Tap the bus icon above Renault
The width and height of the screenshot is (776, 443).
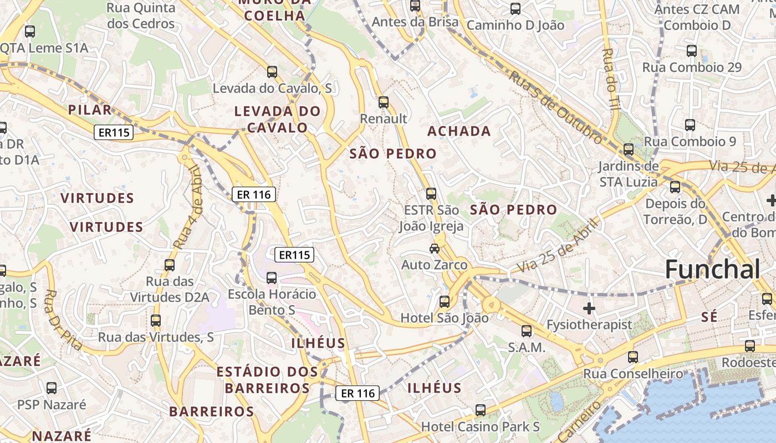tap(383, 102)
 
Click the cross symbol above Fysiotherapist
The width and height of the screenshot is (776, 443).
tap(589, 307)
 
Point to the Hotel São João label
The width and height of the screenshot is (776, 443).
tap(445, 318)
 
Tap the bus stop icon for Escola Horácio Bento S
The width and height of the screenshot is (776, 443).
tap(272, 277)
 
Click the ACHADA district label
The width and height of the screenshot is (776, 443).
tap(459, 131)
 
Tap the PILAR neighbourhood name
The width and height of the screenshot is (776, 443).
tap(90, 110)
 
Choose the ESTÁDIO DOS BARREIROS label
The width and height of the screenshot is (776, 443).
tap(267, 379)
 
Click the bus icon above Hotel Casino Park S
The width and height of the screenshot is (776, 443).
tap(481, 410)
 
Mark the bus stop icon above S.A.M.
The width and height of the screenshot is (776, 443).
tap(527, 331)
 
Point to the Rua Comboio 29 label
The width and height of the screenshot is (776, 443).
tap(692, 68)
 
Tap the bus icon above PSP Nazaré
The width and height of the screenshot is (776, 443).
tap(52, 388)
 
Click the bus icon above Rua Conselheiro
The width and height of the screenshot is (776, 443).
tap(633, 357)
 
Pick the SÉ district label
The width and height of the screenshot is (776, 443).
tap(709, 317)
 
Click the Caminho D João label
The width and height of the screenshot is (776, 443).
tap(515, 25)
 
